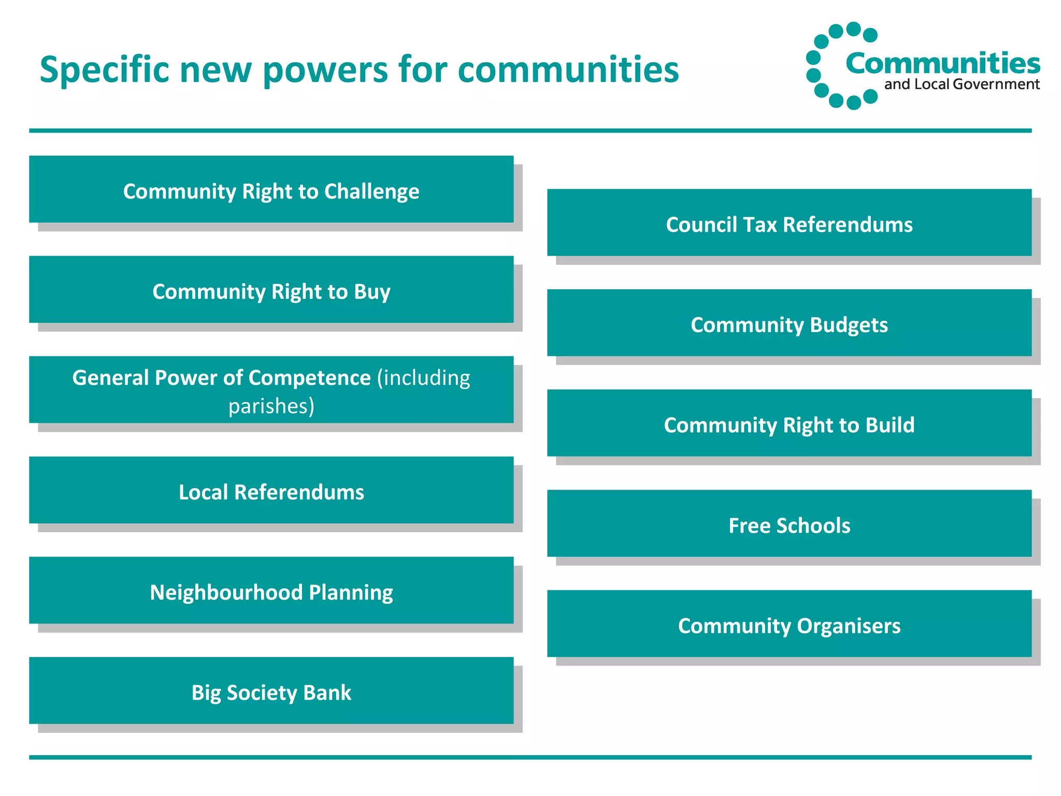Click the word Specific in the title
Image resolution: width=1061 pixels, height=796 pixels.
coord(104,70)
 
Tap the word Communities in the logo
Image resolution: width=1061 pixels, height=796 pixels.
coord(942,63)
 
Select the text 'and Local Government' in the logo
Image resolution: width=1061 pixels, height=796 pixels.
coord(962,84)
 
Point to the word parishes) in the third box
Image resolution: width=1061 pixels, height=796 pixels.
coord(271,406)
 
